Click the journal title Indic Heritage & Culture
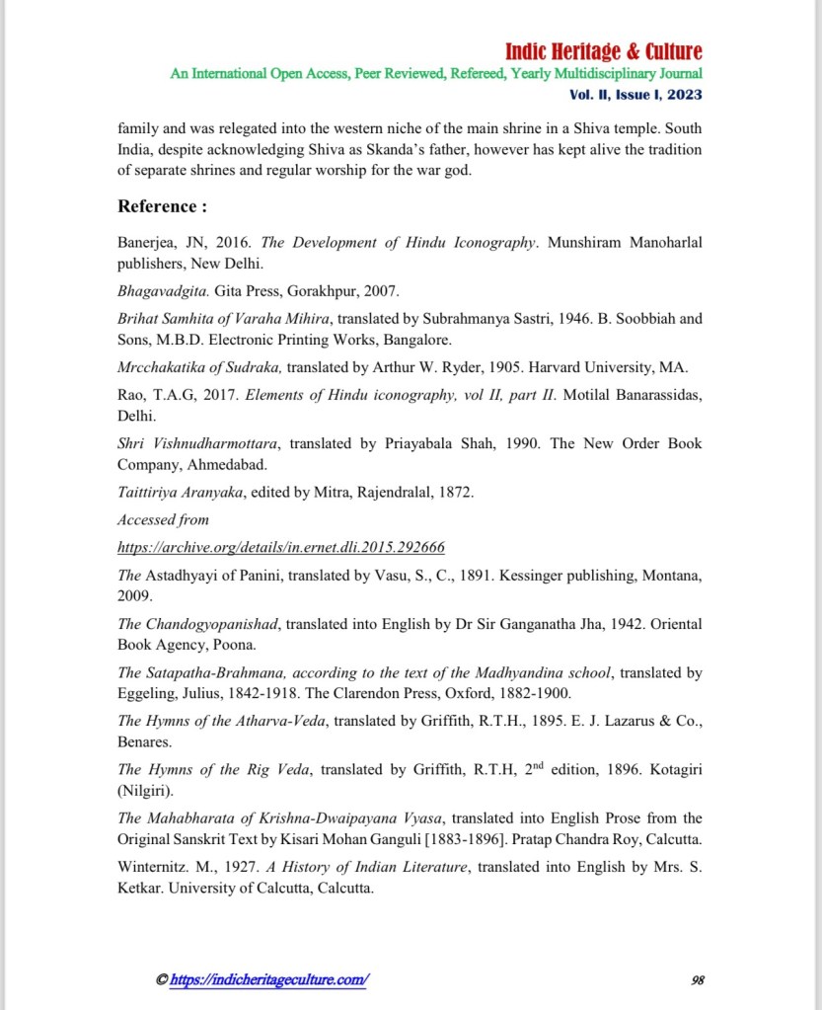pyautogui.click(x=603, y=51)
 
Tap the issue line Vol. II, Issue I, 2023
pyautogui.click(x=635, y=95)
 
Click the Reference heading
pyautogui.click(x=163, y=206)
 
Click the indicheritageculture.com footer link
pyautogui.click(x=269, y=979)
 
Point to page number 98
pyautogui.click(x=697, y=979)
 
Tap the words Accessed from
pyautogui.click(x=163, y=519)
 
